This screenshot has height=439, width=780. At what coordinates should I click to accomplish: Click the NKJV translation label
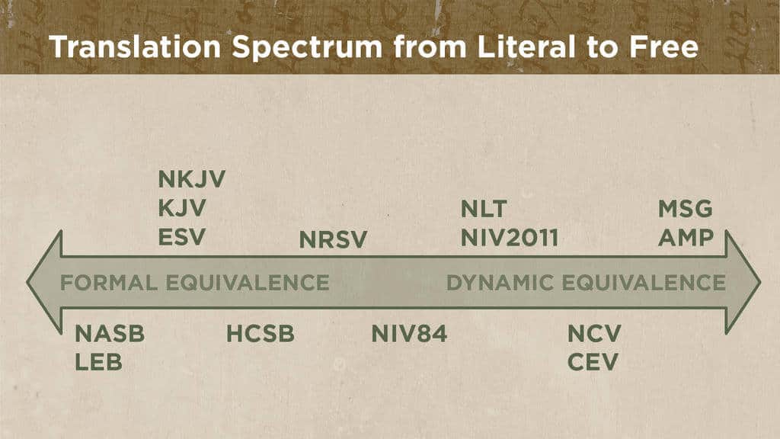tap(192, 180)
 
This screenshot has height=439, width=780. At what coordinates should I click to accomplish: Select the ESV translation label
tap(181, 237)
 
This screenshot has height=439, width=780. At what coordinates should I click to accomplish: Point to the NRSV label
tap(333, 240)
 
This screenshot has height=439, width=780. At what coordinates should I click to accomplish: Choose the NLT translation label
tap(484, 209)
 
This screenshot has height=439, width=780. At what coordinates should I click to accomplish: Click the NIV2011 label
tap(510, 238)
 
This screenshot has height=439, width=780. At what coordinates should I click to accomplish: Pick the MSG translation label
tap(685, 209)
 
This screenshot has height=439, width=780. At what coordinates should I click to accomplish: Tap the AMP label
tap(686, 238)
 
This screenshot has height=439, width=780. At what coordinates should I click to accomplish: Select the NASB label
tap(110, 334)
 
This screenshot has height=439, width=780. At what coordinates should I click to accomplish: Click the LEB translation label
tap(98, 362)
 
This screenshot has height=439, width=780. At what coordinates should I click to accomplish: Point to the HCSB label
tap(260, 334)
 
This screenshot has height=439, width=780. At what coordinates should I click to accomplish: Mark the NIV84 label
tap(409, 334)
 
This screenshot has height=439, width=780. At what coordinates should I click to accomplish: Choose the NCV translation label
tap(594, 334)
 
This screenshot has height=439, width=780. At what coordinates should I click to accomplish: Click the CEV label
tap(593, 362)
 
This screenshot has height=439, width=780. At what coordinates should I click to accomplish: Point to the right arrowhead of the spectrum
tap(743, 282)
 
